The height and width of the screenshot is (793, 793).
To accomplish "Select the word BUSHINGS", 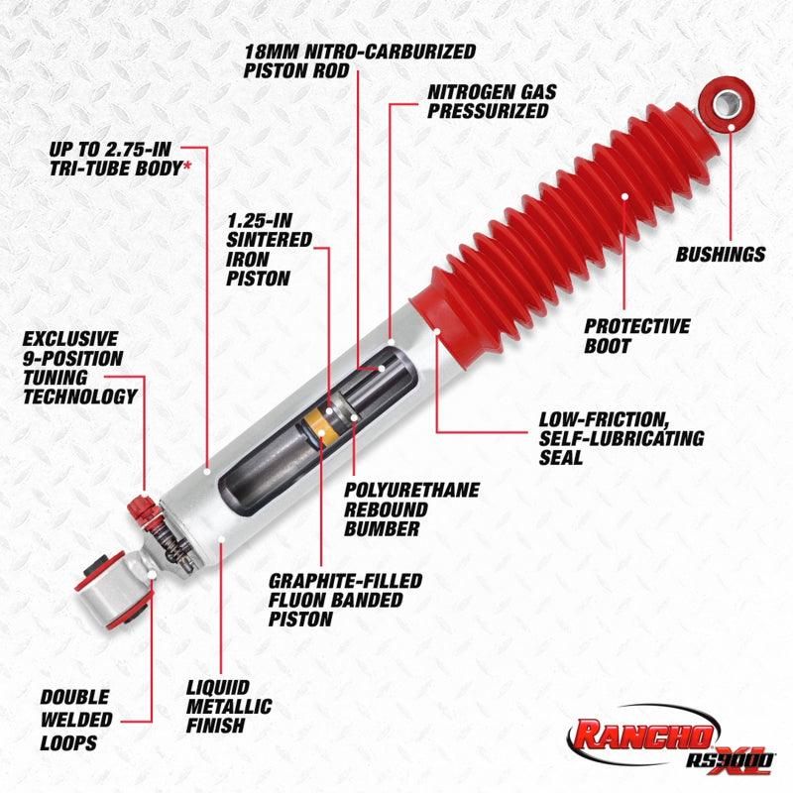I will point(721,255).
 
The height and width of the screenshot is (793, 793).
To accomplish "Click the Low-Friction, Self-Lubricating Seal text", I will point(621,438).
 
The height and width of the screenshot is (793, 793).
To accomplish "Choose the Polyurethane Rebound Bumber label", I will point(411,509).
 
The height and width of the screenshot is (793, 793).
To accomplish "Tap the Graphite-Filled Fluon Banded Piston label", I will point(345,600).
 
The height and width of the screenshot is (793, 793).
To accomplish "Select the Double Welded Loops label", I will point(75,720).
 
